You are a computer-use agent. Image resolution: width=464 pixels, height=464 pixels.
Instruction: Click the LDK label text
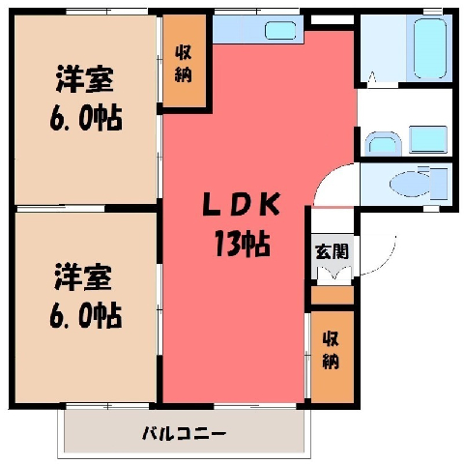(x=241, y=204)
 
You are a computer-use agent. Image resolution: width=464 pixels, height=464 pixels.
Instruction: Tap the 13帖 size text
(x=243, y=244)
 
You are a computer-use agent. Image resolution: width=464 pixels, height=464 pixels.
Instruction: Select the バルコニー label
(x=184, y=434)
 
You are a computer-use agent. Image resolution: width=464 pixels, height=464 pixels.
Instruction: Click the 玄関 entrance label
(x=333, y=251)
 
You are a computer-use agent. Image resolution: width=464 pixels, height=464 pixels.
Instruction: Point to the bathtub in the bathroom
(x=430, y=48)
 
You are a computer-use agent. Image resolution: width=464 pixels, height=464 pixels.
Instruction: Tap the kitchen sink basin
(x=280, y=31)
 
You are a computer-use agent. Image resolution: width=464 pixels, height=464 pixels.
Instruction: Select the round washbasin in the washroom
(x=383, y=144)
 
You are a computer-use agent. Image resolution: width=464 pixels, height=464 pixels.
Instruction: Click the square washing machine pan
(x=428, y=139)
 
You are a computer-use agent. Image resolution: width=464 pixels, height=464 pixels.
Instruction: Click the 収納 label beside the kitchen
(x=184, y=64)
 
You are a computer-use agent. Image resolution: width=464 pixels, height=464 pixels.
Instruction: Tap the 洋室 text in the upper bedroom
(x=85, y=78)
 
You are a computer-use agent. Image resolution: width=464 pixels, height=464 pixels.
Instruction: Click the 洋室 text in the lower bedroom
(x=83, y=276)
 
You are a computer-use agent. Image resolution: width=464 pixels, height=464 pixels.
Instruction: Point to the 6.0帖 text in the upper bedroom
(x=86, y=118)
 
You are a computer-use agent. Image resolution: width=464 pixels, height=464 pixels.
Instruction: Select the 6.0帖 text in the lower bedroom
(x=85, y=315)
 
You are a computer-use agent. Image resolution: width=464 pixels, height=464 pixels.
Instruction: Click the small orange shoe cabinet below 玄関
(x=332, y=295)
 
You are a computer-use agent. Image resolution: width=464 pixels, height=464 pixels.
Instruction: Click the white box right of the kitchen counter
(x=333, y=19)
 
